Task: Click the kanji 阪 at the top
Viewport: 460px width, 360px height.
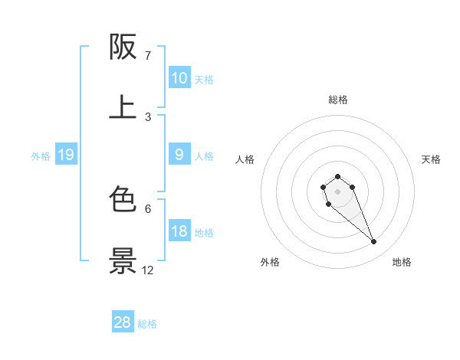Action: [123, 47]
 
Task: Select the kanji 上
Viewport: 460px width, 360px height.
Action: [123, 107]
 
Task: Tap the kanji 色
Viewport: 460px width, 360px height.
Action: [123, 200]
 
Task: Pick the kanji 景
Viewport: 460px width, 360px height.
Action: [123, 260]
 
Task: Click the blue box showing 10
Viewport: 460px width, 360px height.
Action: [179, 77]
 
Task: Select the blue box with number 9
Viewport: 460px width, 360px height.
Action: [179, 155]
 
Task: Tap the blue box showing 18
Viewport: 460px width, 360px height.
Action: [179, 231]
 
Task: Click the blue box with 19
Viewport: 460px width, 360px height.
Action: [66, 155]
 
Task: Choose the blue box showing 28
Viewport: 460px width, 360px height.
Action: [123, 322]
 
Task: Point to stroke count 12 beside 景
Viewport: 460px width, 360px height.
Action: [148, 270]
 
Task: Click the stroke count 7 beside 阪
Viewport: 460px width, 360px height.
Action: [148, 55]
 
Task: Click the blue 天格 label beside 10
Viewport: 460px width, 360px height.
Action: [204, 79]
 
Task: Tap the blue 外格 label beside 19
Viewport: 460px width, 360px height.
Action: [41, 156]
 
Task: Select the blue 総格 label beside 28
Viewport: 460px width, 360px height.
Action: [147, 324]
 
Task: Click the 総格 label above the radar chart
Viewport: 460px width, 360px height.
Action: [338, 100]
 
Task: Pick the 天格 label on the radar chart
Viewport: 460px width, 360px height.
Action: [431, 159]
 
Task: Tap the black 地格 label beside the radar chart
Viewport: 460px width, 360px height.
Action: [402, 262]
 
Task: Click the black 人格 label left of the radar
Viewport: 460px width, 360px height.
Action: [245, 159]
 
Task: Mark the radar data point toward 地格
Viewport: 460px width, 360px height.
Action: [374, 242]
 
